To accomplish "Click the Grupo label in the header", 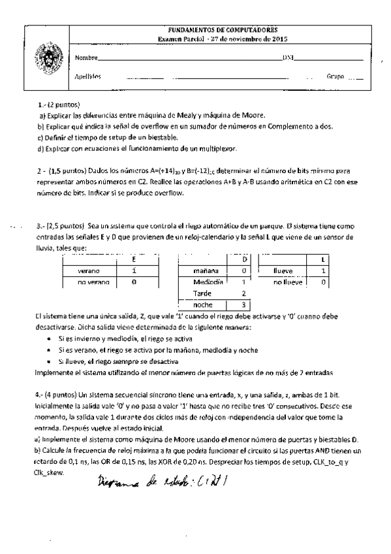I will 335,76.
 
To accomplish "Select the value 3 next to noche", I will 242,304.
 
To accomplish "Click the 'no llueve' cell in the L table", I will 287,282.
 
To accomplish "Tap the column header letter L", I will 324,259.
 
